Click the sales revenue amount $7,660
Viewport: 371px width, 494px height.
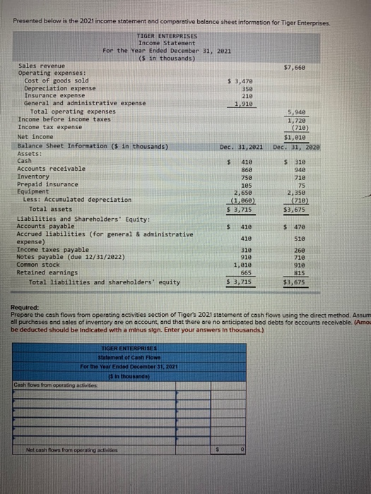coord(295,67)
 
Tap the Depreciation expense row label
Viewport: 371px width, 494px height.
coord(56,88)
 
